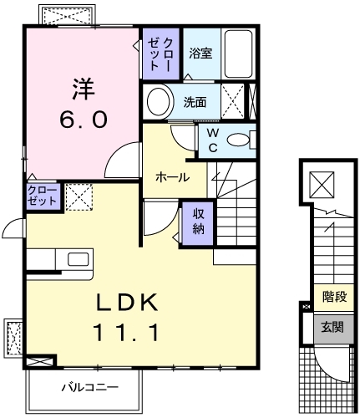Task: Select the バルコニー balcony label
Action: pyautogui.click(x=89, y=387)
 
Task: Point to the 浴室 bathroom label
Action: pyautogui.click(x=200, y=54)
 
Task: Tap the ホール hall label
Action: pyautogui.click(x=170, y=177)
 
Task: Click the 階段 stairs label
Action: pyautogui.click(x=335, y=297)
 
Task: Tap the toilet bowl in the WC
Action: pyautogui.click(x=239, y=140)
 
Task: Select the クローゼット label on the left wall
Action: pyautogui.click(x=43, y=197)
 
